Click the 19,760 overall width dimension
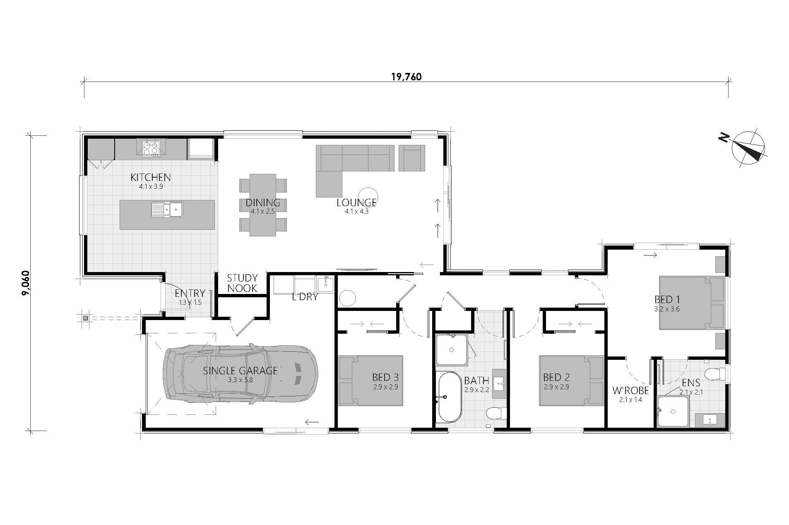click(x=406, y=77)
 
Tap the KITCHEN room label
click(x=150, y=177)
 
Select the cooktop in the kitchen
click(x=151, y=149)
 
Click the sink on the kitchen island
click(x=167, y=210)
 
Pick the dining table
click(x=263, y=205)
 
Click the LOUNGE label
click(x=356, y=202)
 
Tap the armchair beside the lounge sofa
click(x=412, y=158)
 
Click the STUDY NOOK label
click(x=242, y=283)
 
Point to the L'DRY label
click(x=305, y=297)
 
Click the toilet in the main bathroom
click(x=496, y=413)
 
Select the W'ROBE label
click(x=630, y=390)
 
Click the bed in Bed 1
click(x=692, y=303)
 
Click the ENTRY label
click(x=190, y=293)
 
